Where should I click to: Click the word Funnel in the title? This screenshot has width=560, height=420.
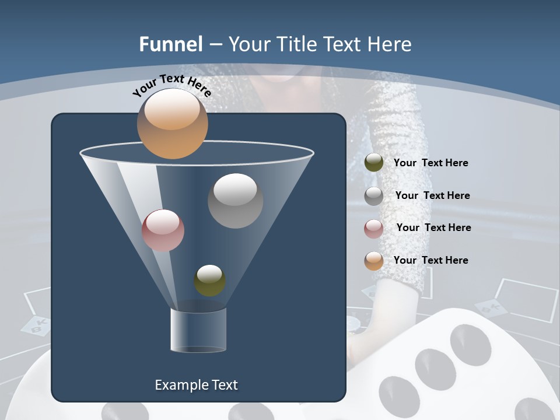(171, 44)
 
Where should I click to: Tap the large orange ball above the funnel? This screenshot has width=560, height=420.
(172, 123)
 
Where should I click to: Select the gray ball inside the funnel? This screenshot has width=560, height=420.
(235, 201)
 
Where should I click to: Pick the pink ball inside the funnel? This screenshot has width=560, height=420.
(163, 230)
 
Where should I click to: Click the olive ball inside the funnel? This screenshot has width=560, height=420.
(210, 281)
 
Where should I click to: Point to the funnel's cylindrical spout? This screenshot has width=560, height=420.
(198, 330)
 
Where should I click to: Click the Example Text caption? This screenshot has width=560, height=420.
(196, 385)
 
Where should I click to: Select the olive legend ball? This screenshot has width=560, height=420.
(374, 163)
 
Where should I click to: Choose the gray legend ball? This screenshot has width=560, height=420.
(374, 196)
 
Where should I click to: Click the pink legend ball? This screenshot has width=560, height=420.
(374, 229)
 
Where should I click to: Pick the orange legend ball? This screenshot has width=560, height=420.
(374, 261)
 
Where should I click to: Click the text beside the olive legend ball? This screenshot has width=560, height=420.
(430, 163)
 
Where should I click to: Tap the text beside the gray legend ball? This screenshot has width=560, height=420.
(432, 196)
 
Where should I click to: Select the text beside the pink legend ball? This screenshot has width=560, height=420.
(433, 228)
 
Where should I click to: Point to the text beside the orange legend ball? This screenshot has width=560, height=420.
(430, 260)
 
